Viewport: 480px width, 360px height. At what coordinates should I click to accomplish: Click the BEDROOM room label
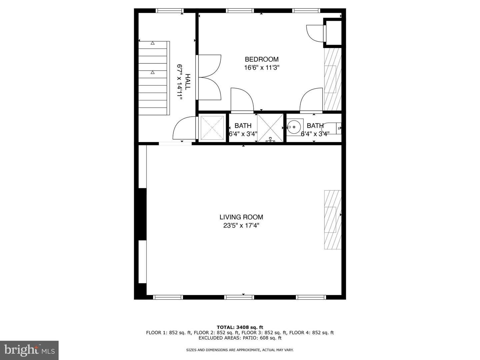[x=261, y=59]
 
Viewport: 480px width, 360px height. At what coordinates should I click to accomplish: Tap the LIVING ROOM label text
[x=241, y=217]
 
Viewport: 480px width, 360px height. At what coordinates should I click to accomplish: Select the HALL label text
[x=188, y=82]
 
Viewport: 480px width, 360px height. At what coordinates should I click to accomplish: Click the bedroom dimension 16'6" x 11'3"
[x=261, y=68]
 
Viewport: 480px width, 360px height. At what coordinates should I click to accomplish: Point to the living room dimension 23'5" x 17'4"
[x=241, y=225]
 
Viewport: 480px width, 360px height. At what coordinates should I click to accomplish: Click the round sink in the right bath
[x=294, y=127]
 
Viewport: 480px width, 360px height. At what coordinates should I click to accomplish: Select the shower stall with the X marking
[x=270, y=128]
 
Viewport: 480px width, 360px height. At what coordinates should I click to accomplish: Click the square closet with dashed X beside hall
[x=212, y=128]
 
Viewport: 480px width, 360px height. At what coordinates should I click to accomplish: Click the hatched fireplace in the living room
[x=333, y=220]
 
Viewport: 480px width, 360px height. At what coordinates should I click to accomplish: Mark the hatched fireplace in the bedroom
[x=333, y=79]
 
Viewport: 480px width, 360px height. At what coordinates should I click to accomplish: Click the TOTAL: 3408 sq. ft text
[x=240, y=327]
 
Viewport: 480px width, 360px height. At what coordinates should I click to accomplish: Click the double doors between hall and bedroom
[x=209, y=77]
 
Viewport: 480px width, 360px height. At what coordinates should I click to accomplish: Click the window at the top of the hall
[x=170, y=11]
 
